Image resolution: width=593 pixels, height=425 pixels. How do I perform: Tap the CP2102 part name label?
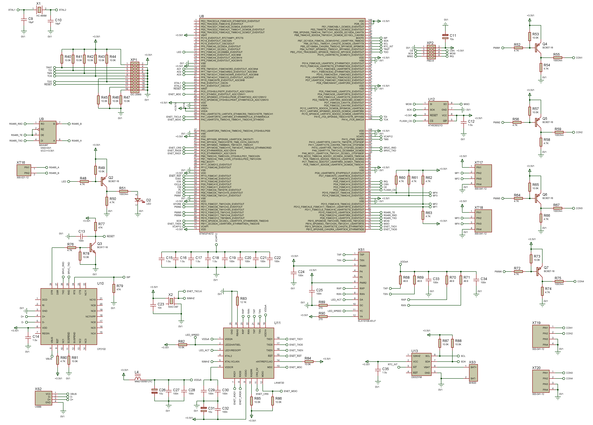pos(101,349)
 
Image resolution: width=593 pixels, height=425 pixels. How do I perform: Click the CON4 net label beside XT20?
pos(569,378)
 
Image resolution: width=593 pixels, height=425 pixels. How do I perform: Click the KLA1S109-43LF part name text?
pos(367,321)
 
